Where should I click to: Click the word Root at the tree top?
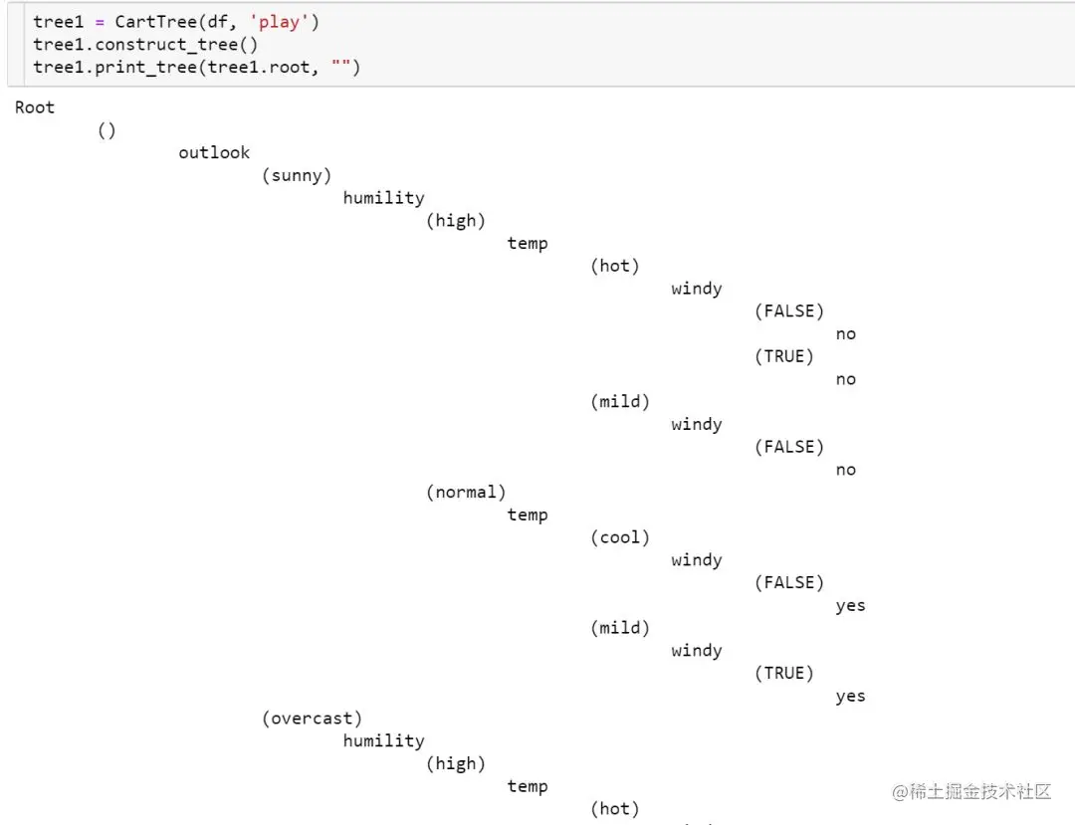(x=35, y=107)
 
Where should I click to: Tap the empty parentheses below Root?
(x=107, y=130)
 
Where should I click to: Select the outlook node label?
(x=214, y=152)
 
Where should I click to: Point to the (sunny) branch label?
(x=297, y=175)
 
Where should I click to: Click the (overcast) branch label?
(x=312, y=718)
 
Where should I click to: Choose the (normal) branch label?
(x=466, y=492)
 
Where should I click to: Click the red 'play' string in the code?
(x=279, y=22)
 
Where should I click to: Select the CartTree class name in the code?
(x=155, y=22)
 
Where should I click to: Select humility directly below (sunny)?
(x=383, y=198)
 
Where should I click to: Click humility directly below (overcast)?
(x=383, y=740)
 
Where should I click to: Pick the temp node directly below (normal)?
(x=528, y=515)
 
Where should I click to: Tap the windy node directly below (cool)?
(x=697, y=560)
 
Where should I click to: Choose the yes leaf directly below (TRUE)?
(x=850, y=696)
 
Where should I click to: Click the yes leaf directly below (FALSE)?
(x=850, y=605)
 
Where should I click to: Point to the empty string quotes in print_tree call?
(x=340, y=67)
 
